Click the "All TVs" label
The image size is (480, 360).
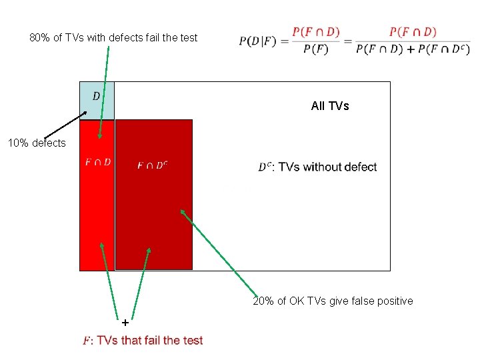pyautogui.click(x=330, y=106)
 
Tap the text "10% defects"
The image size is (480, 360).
pyautogui.click(x=37, y=143)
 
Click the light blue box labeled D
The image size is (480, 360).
pyautogui.click(x=97, y=100)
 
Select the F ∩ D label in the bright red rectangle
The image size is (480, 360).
pyautogui.click(x=98, y=162)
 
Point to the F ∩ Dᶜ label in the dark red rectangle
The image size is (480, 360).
pyautogui.click(x=153, y=165)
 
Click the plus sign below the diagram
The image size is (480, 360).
pyautogui.click(x=125, y=321)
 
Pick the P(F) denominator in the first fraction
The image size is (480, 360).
pyautogui.click(x=315, y=50)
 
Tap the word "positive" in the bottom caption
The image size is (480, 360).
pyautogui.click(x=392, y=301)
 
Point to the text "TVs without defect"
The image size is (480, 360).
pyautogui.click(x=327, y=167)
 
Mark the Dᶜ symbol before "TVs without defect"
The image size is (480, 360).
pyautogui.click(x=264, y=167)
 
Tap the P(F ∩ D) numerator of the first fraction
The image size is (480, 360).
pyautogui.click(x=315, y=32)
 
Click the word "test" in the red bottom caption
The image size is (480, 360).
pyautogui.click(x=192, y=341)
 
